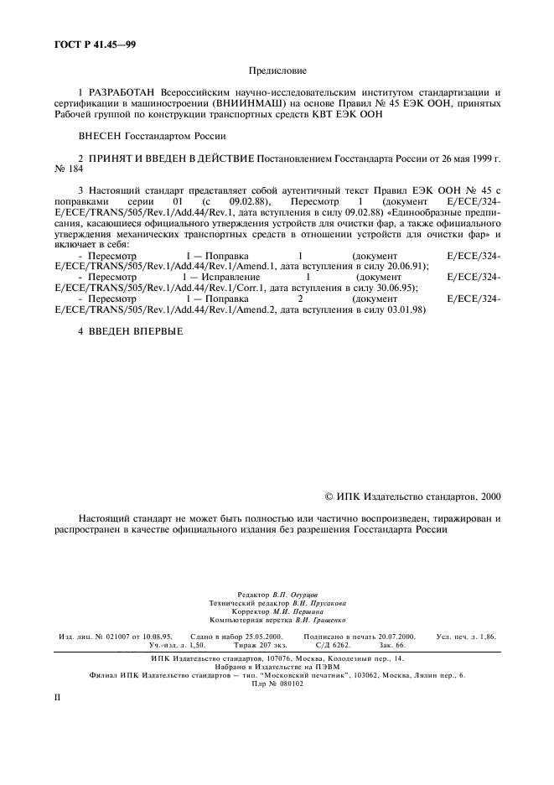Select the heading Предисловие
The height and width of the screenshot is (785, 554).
[x=277, y=73]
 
